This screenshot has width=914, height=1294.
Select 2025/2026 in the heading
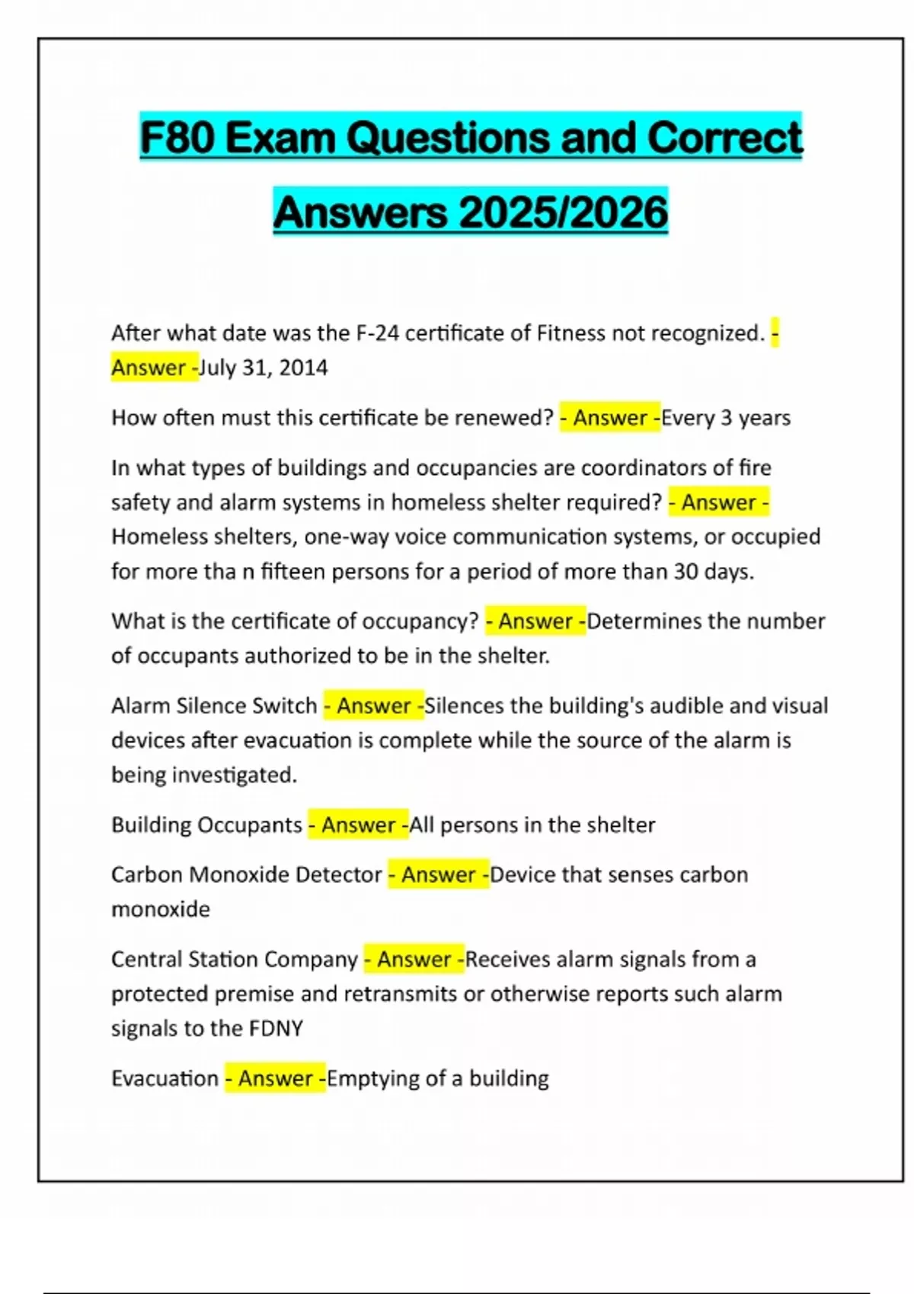coord(564,212)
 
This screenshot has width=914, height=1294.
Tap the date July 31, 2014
coord(264,368)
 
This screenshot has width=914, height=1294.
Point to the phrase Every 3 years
coord(726,418)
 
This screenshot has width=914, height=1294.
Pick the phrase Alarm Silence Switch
coord(214,706)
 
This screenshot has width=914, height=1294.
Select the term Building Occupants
coord(206,825)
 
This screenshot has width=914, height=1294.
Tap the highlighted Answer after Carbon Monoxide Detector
coord(439,875)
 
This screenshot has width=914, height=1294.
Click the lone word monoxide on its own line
coord(161,909)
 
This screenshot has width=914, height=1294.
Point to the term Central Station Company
coord(234,959)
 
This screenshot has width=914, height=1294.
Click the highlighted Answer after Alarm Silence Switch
coord(374,706)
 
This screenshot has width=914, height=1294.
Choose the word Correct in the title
coord(724,138)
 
